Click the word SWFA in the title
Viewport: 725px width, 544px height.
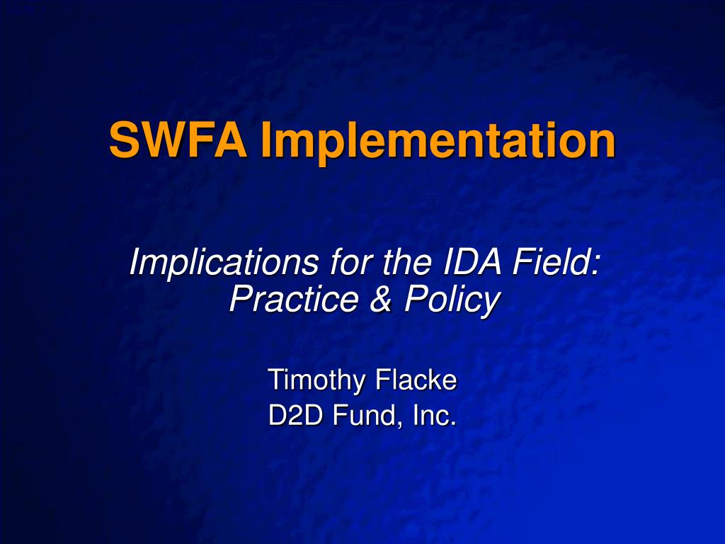[178, 140]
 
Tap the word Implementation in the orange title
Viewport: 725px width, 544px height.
[438, 142]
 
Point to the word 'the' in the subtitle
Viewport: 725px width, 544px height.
[407, 262]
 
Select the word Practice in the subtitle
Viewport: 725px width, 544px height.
[293, 298]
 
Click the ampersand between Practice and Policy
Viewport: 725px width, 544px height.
[380, 299]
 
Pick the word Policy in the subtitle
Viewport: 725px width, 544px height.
[452, 301]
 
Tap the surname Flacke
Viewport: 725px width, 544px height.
[416, 380]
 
